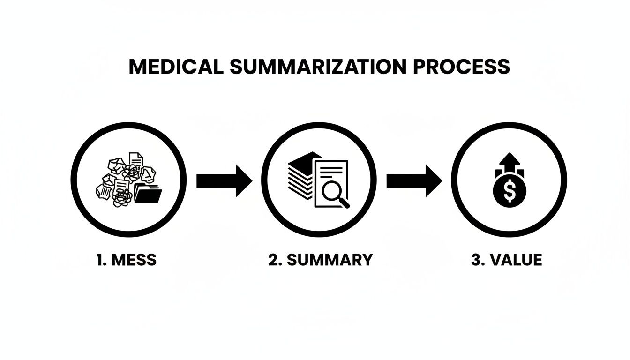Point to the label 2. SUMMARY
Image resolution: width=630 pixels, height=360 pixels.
point(321,259)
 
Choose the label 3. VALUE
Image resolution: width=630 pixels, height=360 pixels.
point(506,259)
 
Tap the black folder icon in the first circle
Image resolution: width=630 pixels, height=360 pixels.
point(148,194)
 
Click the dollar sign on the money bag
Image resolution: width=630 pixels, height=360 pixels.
point(510,190)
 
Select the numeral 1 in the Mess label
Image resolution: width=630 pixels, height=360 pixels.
point(99,259)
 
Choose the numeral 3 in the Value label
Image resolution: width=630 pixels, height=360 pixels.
point(475,259)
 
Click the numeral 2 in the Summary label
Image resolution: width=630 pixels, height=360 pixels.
point(273,259)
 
